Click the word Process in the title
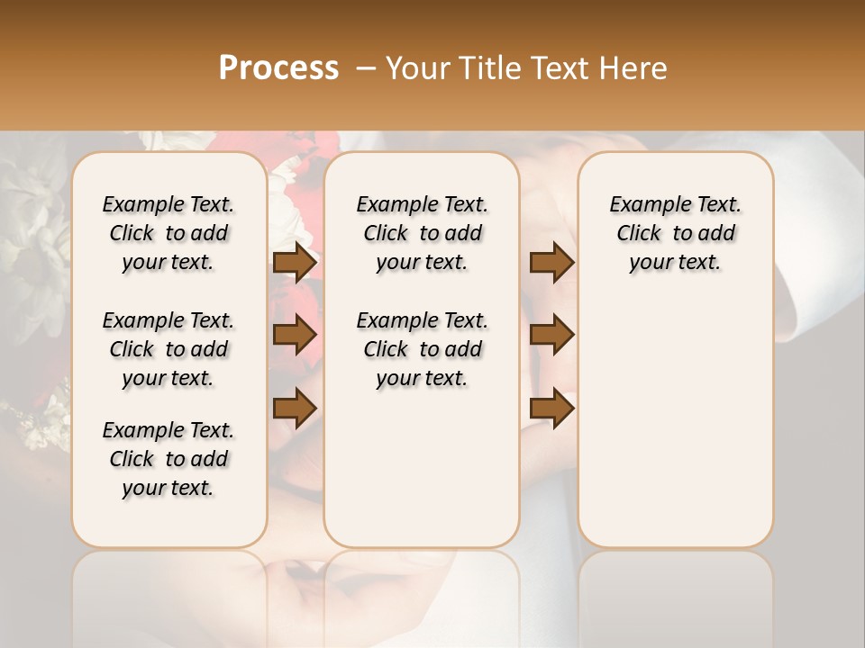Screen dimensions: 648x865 pyautogui.click(x=278, y=68)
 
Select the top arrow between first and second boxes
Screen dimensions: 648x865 pyautogui.click(x=295, y=263)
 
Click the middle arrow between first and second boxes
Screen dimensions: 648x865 pyautogui.click(x=295, y=335)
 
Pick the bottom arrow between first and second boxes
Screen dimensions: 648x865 pyautogui.click(x=295, y=408)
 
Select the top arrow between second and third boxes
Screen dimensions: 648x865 pyautogui.click(x=551, y=263)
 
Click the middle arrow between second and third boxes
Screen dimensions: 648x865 pyautogui.click(x=551, y=335)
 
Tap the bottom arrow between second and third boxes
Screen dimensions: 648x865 pyautogui.click(x=551, y=408)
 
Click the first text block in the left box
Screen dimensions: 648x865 pyautogui.click(x=168, y=233)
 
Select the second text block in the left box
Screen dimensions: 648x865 pyautogui.click(x=168, y=349)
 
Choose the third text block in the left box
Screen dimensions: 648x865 pyautogui.click(x=168, y=459)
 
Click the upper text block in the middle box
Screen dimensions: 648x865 pyautogui.click(x=422, y=233)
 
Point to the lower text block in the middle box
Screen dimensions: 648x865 pyautogui.click(x=422, y=349)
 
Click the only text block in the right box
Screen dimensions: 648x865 pyautogui.click(x=675, y=233)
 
